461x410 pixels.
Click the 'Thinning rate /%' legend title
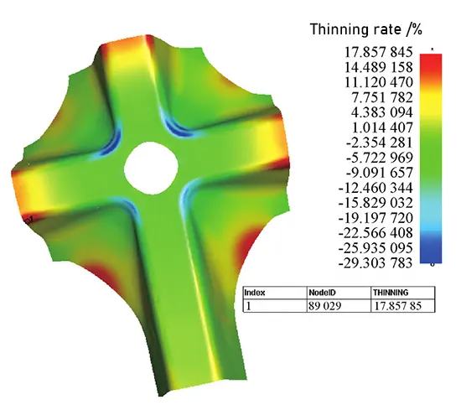point(367,30)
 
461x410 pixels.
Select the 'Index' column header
point(255,293)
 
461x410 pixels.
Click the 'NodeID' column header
point(321,293)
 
